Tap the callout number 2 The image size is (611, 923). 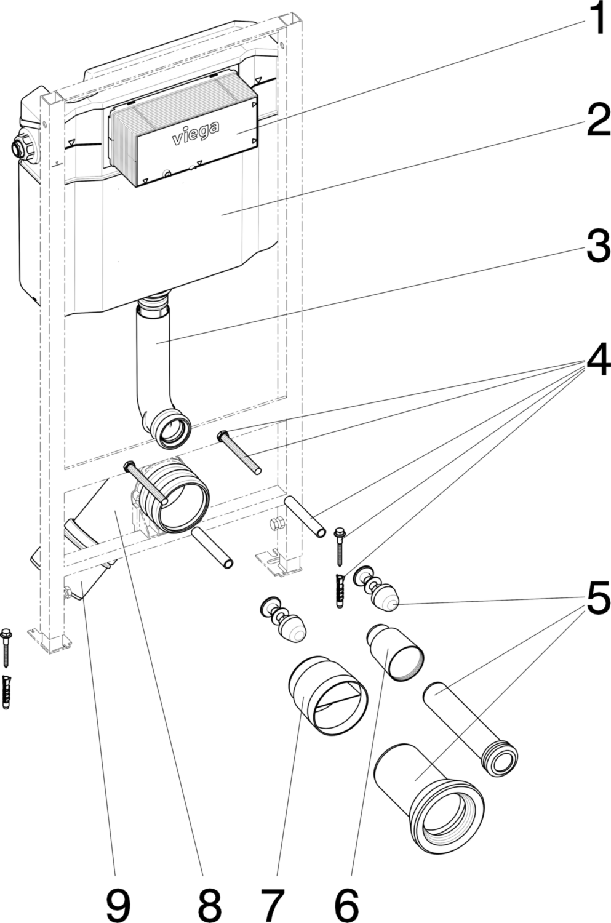[598, 119]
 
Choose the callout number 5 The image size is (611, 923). [598, 596]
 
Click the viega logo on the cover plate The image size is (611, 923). [195, 132]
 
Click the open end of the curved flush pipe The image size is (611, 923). [172, 430]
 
